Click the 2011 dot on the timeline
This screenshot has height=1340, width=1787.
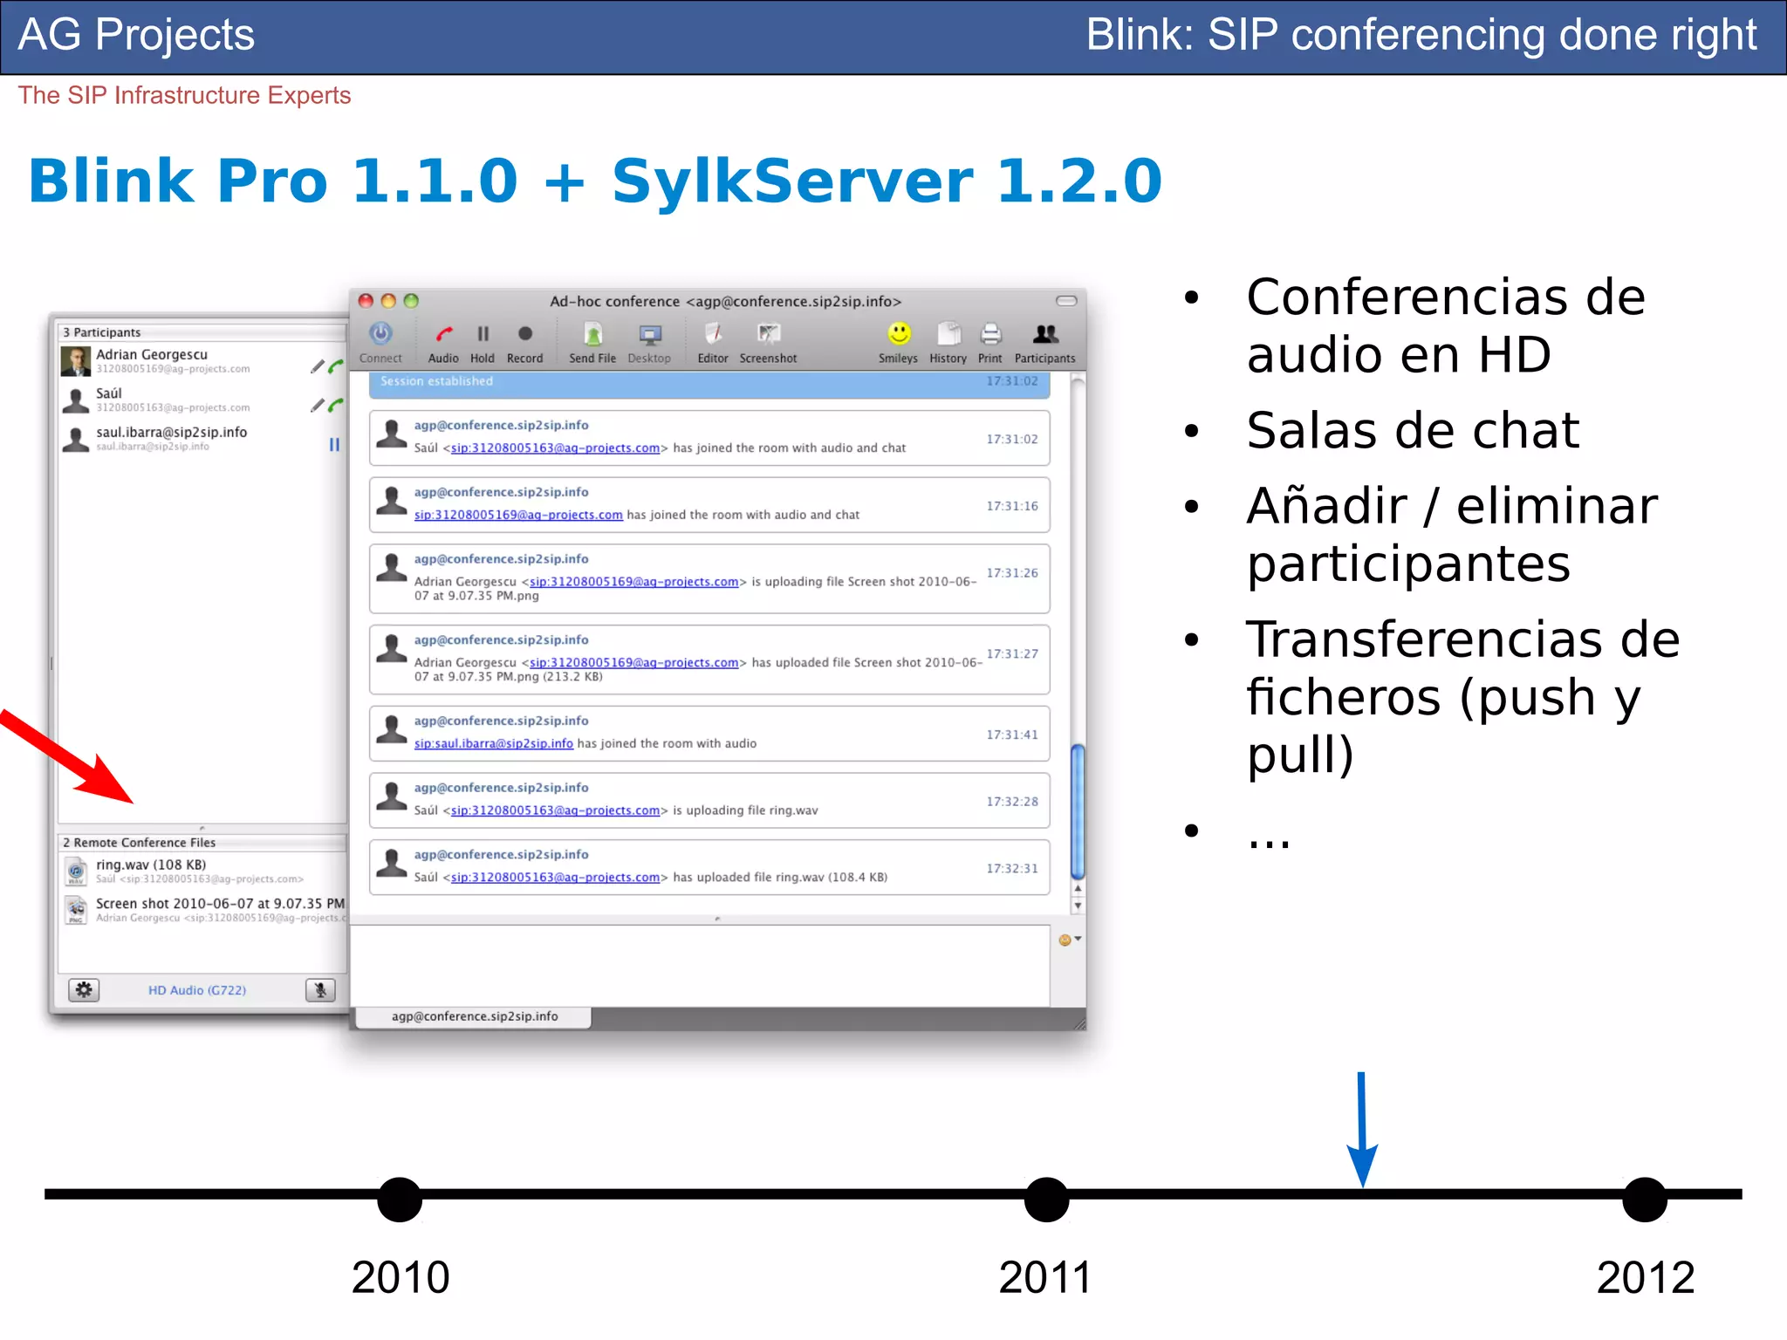pos(1046,1200)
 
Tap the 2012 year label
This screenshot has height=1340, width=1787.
pos(1645,1277)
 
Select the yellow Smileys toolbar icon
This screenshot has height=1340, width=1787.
pos(899,334)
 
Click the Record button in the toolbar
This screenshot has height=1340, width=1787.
pos(524,334)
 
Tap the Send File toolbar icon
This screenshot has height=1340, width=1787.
pos(592,334)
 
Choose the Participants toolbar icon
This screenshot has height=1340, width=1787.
pos(1044,334)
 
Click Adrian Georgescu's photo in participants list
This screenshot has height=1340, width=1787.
pos(76,360)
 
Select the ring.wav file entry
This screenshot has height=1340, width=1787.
pos(151,865)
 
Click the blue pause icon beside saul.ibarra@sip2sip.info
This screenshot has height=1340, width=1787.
pos(334,445)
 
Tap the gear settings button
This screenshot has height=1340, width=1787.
pos(84,989)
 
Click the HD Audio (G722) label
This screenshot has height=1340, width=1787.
pos(197,990)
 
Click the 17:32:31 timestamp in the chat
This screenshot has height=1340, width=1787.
pos(1012,868)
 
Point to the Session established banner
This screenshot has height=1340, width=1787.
pos(709,382)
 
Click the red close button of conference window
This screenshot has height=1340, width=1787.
pos(366,301)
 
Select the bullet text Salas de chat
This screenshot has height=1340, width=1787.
pos(1413,430)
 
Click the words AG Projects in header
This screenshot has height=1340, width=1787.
pos(136,35)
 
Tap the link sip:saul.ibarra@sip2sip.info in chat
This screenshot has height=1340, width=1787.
pos(493,743)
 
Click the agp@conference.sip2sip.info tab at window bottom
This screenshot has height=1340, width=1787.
pos(475,1016)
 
